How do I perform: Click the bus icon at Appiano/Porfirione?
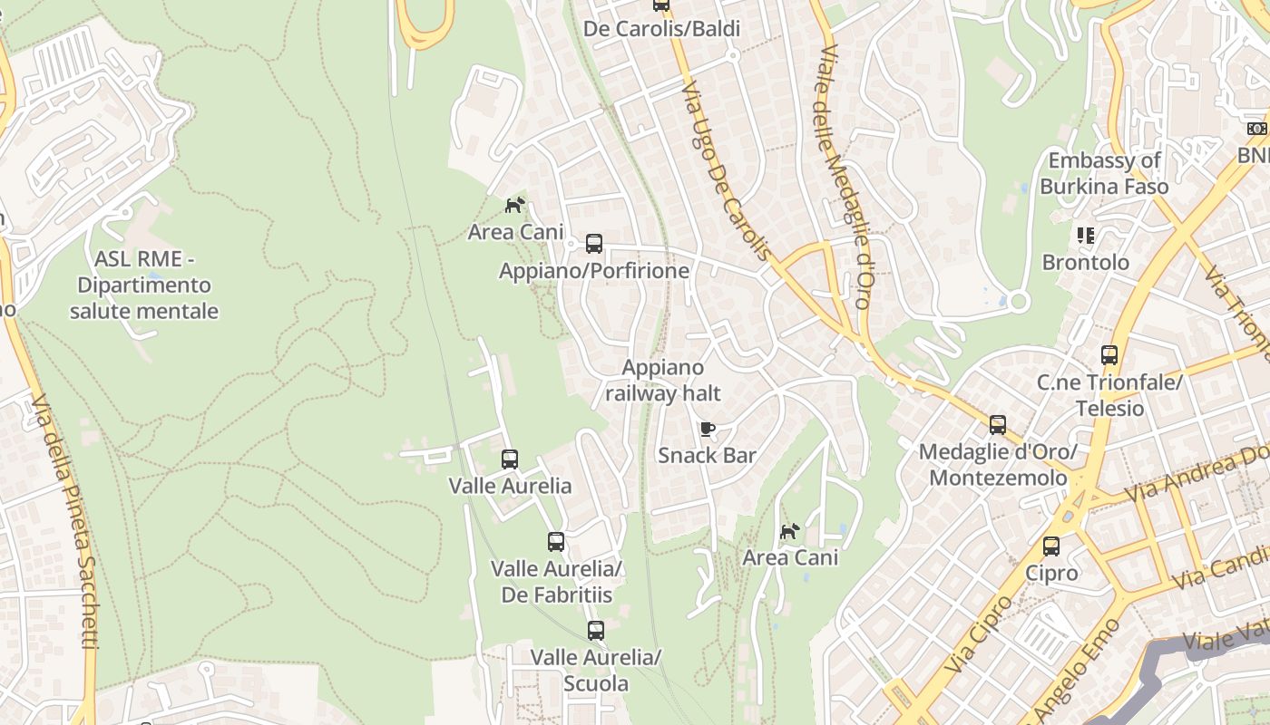(x=594, y=244)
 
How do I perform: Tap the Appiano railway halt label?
(x=663, y=381)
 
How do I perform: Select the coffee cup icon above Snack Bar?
(x=708, y=429)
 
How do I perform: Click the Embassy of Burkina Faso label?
(x=1104, y=174)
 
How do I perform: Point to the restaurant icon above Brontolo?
(x=1086, y=236)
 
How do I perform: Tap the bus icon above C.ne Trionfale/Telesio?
(x=1109, y=354)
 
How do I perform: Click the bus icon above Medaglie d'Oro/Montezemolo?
(x=998, y=424)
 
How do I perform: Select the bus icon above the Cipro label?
(x=1051, y=546)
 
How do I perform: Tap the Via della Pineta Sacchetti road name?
(x=65, y=521)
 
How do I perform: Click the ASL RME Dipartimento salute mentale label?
(x=144, y=285)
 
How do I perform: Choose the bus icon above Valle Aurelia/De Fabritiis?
(x=556, y=542)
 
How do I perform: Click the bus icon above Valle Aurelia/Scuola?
(x=596, y=631)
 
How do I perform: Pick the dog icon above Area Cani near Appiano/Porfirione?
(x=515, y=206)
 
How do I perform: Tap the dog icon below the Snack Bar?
(x=790, y=531)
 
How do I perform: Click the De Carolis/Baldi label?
(x=661, y=29)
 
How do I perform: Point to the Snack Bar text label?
(x=707, y=455)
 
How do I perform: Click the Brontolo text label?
(x=1086, y=263)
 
